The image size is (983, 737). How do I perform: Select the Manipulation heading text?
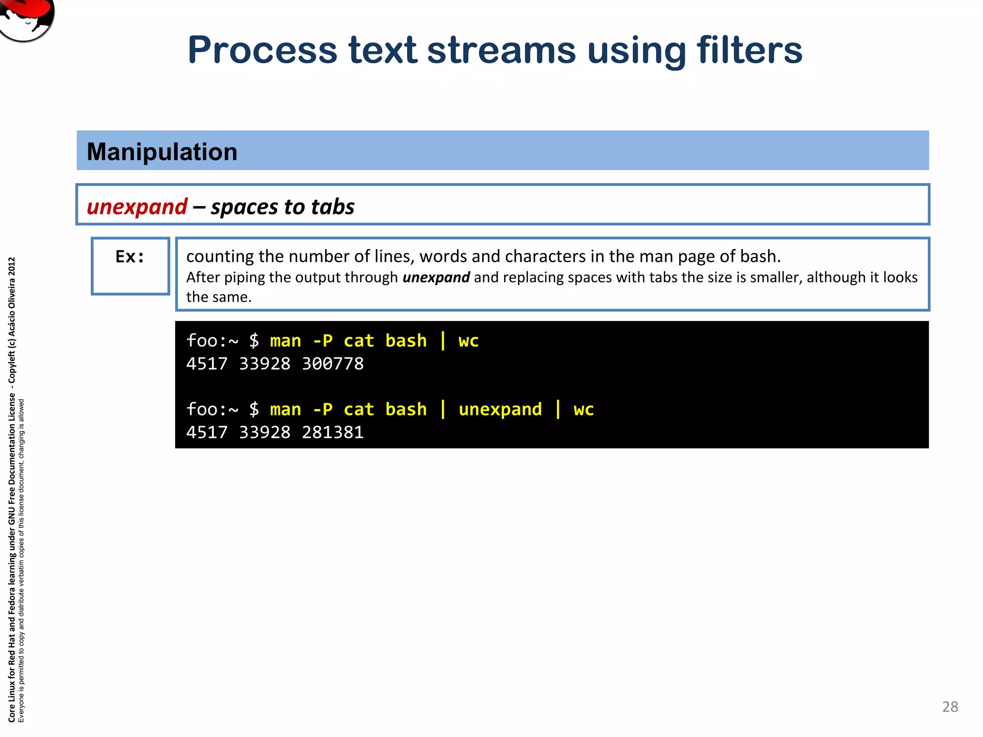(162, 152)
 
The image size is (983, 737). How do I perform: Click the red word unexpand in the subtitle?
(137, 207)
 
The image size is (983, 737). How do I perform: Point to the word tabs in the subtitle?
(333, 207)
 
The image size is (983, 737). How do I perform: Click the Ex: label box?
(130, 266)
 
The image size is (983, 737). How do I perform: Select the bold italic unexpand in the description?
(436, 277)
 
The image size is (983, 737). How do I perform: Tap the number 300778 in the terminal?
(333, 364)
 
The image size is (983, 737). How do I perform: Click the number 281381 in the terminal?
(333, 432)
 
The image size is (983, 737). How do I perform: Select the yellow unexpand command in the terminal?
(500, 409)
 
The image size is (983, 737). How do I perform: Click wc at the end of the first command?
(468, 341)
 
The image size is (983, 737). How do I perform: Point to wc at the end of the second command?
(583, 409)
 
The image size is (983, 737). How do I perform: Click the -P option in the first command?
(322, 341)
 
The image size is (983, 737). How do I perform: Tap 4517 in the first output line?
(207, 364)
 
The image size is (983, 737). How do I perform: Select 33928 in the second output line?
(264, 432)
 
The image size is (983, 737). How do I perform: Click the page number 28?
(950, 707)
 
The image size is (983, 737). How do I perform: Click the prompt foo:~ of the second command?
(212, 409)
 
